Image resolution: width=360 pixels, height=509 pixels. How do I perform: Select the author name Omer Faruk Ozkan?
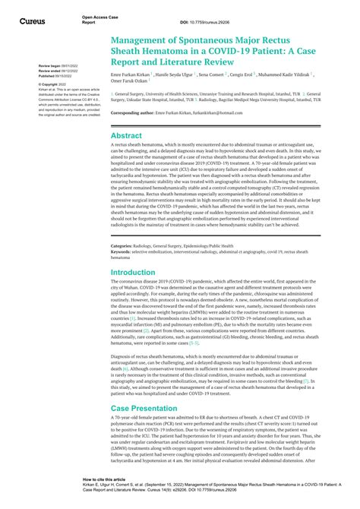[x=131, y=82]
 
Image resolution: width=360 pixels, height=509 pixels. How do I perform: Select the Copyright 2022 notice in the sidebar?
[x=55, y=84]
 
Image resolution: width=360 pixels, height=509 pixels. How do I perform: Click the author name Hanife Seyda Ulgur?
[x=176, y=75]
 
